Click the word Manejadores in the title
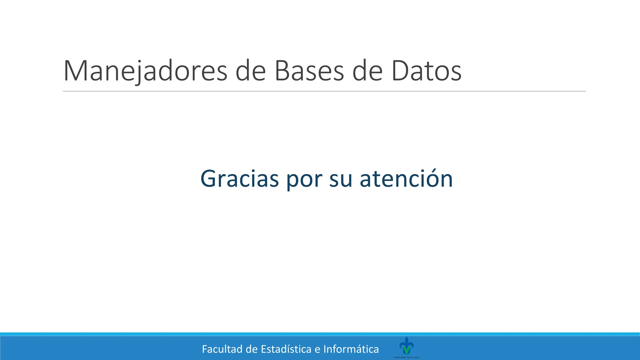click(x=145, y=71)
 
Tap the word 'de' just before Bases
click(x=250, y=71)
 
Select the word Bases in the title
click(x=309, y=71)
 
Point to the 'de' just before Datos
click(x=367, y=71)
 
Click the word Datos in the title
click(x=426, y=71)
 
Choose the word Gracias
click(x=239, y=179)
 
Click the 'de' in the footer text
click(x=252, y=349)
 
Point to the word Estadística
click(x=286, y=349)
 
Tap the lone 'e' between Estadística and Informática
click(x=317, y=349)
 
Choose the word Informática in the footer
click(x=351, y=349)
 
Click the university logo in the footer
click(x=406, y=346)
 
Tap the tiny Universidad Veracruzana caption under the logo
click(x=406, y=357)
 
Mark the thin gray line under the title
click(x=324, y=91)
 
